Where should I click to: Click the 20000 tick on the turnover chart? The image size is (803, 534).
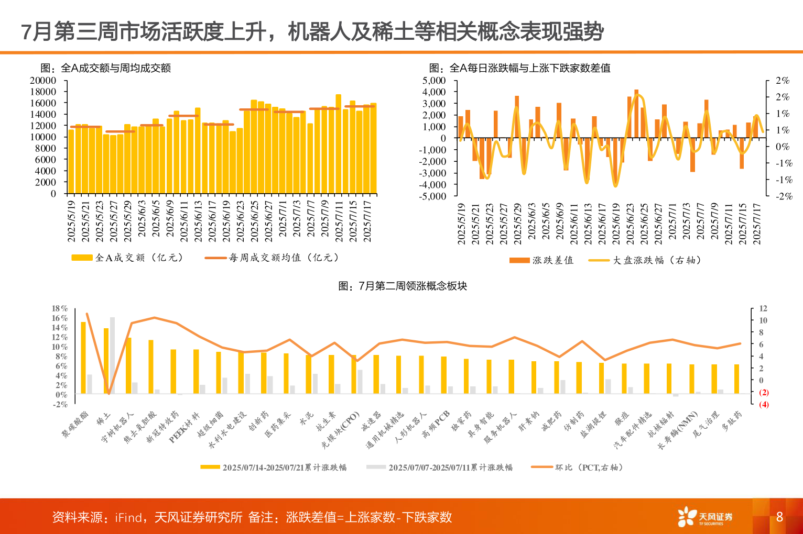(x=42, y=81)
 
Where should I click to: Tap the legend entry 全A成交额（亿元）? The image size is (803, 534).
(x=127, y=258)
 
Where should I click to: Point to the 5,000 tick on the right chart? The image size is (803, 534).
(x=433, y=81)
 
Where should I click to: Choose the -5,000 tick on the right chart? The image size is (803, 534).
(x=432, y=196)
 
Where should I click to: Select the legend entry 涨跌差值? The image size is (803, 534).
(x=541, y=260)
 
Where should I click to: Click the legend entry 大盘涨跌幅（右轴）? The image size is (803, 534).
(x=645, y=260)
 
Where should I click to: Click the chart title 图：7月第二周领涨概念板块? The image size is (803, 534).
(x=402, y=286)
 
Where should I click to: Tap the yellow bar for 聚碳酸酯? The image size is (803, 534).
(x=83, y=358)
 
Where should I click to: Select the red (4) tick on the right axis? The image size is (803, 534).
(x=764, y=404)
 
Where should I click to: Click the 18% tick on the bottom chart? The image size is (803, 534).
(x=60, y=308)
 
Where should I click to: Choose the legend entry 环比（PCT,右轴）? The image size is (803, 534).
(x=577, y=467)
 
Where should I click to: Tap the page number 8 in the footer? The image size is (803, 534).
(x=779, y=517)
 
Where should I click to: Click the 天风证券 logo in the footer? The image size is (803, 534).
(x=705, y=517)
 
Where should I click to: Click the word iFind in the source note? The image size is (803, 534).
(x=128, y=517)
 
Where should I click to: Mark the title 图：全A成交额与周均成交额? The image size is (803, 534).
(x=106, y=68)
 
